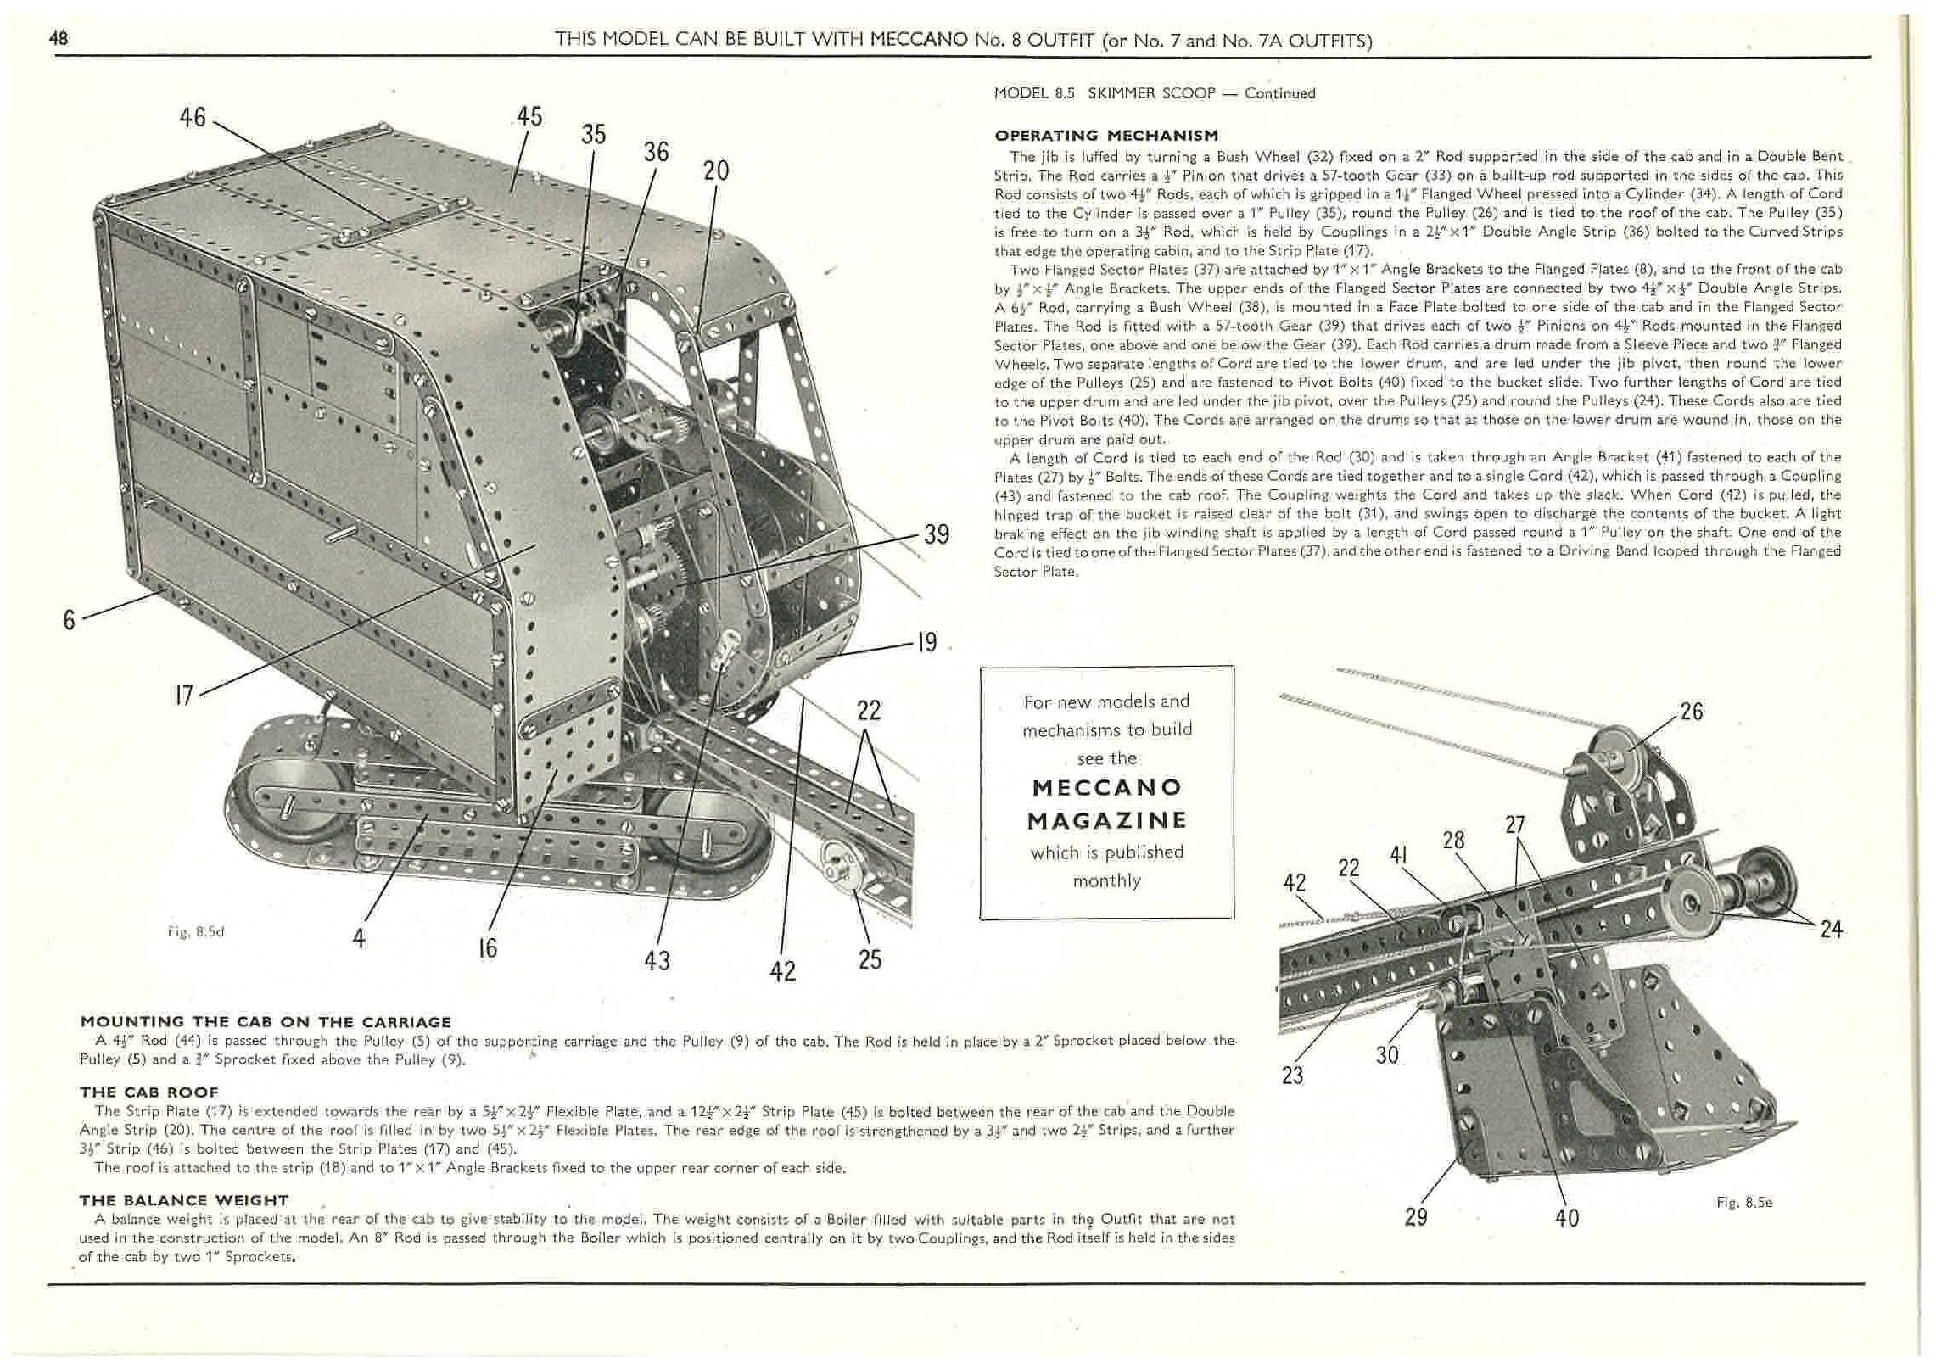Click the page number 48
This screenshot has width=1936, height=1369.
click(59, 38)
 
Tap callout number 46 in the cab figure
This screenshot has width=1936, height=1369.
click(193, 117)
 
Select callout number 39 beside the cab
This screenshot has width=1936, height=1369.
click(936, 534)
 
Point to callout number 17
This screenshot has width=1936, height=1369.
click(183, 696)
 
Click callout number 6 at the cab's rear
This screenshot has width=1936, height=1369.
click(69, 620)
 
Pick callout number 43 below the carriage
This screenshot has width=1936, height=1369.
click(657, 960)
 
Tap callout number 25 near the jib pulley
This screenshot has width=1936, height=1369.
click(870, 959)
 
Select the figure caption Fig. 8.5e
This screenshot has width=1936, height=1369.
click(1744, 1203)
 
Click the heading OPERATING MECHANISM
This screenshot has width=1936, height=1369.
click(1106, 136)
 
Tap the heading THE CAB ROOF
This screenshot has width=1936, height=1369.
click(148, 1092)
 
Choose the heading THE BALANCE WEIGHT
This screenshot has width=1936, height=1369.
click(184, 1200)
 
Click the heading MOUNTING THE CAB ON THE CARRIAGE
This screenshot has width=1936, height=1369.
click(265, 1022)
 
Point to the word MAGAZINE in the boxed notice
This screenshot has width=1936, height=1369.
click(1106, 820)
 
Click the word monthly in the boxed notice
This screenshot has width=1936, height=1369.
click(1106, 881)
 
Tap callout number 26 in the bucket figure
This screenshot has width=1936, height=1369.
click(1691, 711)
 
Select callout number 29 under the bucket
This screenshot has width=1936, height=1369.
click(1416, 1217)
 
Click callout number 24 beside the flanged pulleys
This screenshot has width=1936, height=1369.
click(1831, 930)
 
